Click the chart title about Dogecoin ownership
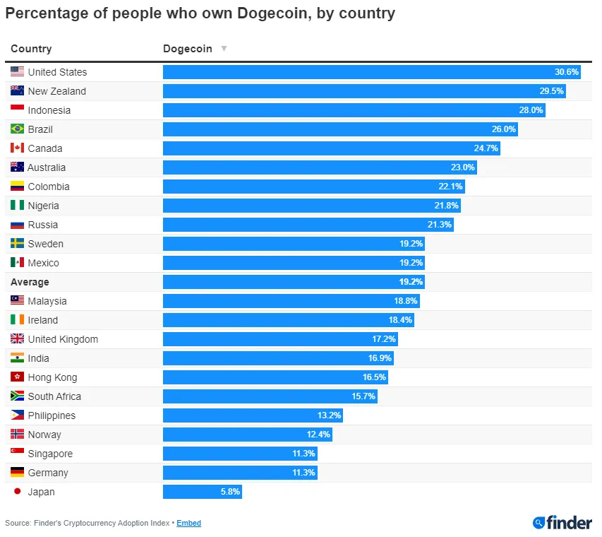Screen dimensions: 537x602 coord(200,13)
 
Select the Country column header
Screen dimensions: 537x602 coord(31,49)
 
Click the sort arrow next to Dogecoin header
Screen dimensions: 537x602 coord(224,49)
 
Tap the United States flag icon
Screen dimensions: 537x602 coord(18,72)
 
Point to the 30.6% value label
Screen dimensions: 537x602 coord(567,72)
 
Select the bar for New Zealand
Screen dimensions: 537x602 coord(363,91)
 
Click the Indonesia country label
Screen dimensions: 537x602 coord(49,110)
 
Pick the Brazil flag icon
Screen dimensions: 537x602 coord(18,129)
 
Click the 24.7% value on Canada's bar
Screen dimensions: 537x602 coord(486,148)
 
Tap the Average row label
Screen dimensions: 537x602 coord(30,282)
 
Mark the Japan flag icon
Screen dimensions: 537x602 coord(18,492)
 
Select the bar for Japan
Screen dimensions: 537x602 coord(202,492)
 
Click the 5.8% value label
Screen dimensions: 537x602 coord(229,492)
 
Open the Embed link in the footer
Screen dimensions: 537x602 coord(188,523)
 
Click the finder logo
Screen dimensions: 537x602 coord(562,523)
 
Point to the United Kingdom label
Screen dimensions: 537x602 coord(63,339)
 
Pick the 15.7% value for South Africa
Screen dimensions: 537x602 coord(364,396)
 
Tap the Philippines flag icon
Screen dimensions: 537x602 coord(18,415)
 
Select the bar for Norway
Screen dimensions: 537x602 coord(247,435)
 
